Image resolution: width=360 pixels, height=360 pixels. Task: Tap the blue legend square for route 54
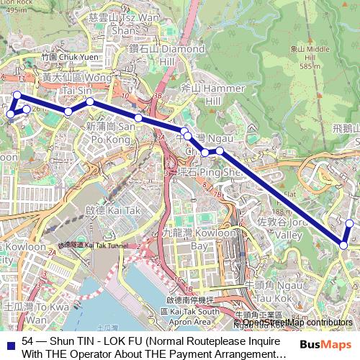pos(9,341)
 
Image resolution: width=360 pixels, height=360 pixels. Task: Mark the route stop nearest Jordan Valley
pos(343,246)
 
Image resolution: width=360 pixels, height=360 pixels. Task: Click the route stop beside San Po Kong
pos(138,117)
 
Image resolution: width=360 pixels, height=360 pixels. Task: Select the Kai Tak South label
pos(189,310)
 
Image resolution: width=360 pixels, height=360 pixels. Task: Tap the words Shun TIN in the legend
pos(68,341)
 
